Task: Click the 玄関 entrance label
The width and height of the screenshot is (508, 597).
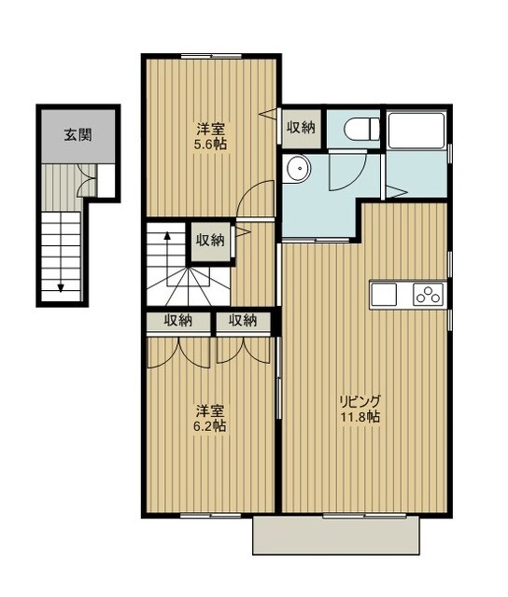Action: tap(78, 134)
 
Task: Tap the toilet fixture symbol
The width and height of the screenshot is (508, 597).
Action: tap(361, 129)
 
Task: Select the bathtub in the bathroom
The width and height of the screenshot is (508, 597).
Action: tap(416, 131)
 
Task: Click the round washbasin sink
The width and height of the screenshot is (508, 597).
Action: tap(299, 168)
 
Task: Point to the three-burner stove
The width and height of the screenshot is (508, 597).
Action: tap(428, 295)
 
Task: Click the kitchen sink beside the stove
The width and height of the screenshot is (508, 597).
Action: tap(385, 295)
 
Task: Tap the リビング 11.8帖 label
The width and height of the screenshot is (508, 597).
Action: tap(360, 409)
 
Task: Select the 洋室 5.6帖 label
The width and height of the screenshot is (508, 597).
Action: tap(211, 136)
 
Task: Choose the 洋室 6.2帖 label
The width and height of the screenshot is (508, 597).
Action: tap(210, 419)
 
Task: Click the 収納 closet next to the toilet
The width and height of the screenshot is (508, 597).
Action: tap(301, 128)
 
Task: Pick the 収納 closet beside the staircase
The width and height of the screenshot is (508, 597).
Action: tap(210, 241)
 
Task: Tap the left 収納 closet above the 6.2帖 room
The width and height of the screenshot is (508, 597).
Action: tap(178, 321)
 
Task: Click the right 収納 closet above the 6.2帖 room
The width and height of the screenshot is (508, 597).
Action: tap(243, 321)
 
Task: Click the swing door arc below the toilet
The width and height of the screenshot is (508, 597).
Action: tap(352, 176)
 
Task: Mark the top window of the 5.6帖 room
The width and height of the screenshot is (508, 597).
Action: tap(211, 56)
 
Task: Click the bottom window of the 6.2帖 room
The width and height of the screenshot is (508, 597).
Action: tap(211, 516)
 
